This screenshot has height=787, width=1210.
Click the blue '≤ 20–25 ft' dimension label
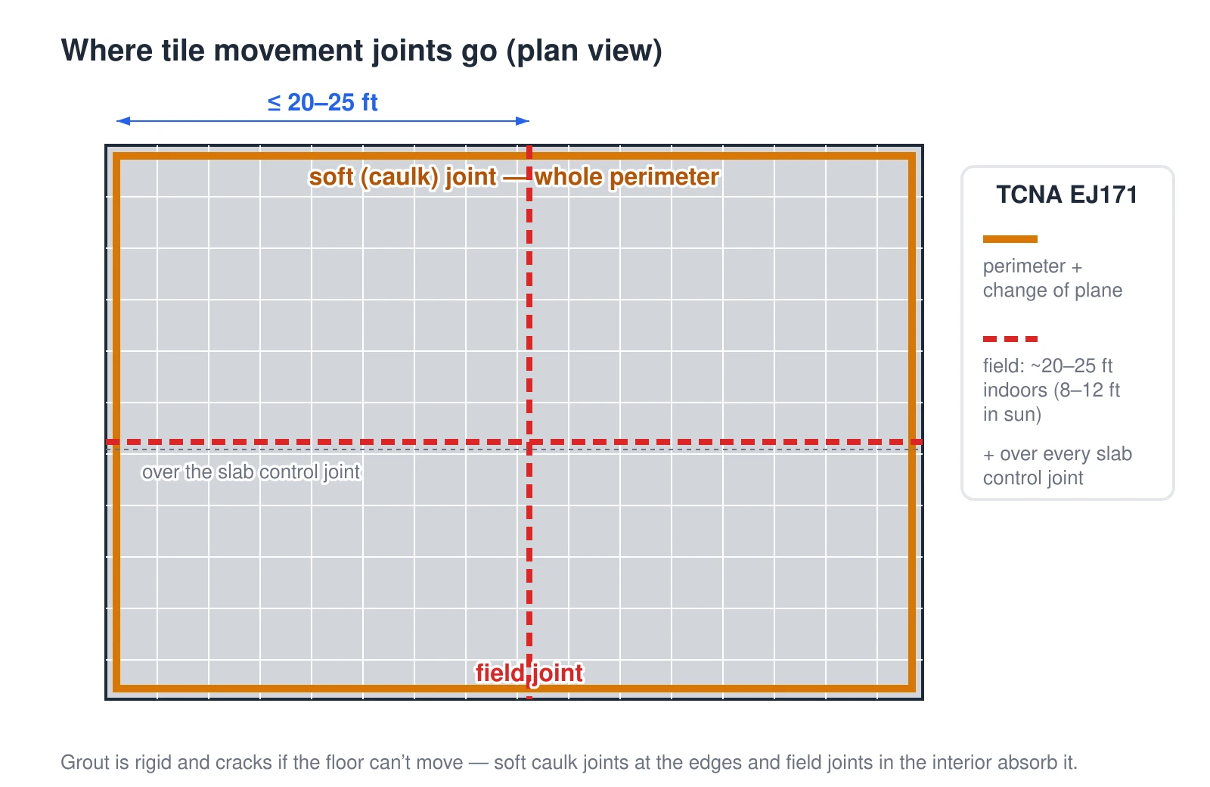322,102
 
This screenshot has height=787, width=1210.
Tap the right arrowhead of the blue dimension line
523,121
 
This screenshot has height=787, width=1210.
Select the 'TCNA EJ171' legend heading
1067,194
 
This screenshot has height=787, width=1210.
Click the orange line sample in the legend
1010,239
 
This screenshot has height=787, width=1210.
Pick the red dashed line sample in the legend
1010,339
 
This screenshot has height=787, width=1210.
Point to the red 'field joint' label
529,673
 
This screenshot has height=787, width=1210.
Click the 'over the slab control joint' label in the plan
250,472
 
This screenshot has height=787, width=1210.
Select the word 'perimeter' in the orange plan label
665,177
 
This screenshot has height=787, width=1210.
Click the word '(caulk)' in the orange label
399,177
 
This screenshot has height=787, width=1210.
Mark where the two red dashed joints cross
529,442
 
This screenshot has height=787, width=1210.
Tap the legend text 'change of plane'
1052,291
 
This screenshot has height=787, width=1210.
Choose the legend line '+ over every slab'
1057,454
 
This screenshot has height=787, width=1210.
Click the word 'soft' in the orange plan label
330,177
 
